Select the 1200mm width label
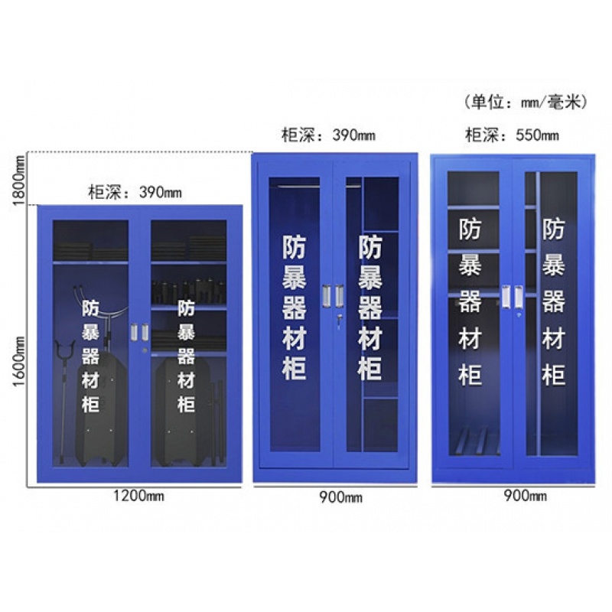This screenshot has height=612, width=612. click(138, 495)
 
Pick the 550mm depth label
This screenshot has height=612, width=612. click(512, 136)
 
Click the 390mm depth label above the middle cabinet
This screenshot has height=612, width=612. click(327, 136)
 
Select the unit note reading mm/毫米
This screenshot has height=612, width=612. click(526, 102)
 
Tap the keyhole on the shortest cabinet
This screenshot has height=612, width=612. click(145, 350)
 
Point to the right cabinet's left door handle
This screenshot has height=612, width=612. click(506, 297)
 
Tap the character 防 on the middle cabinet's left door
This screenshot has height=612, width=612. click(295, 248)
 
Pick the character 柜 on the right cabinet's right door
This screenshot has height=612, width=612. click(553, 374)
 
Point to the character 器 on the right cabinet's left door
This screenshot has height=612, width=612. click(470, 301)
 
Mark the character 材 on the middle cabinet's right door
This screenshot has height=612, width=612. click(370, 337)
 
